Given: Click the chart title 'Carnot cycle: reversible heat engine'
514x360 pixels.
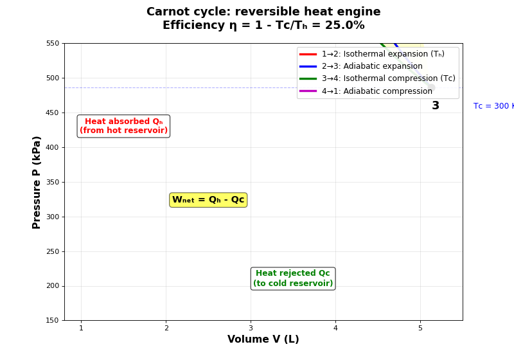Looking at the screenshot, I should [x=263, y=12].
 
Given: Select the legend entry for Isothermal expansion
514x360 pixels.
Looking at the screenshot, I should [x=383, y=54].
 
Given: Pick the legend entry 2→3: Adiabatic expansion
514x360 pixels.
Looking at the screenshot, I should [x=372, y=66].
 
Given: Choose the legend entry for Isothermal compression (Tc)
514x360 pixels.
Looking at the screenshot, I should [x=388, y=78].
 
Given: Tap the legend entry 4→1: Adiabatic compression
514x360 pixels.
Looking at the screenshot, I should [x=377, y=91].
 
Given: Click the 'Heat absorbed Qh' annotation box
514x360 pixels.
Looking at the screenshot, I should [x=123, y=126].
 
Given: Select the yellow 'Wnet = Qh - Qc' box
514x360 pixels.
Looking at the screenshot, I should [x=208, y=200].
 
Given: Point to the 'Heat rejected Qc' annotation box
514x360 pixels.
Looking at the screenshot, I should [x=293, y=278].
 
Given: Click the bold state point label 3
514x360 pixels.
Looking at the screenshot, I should [x=436, y=106].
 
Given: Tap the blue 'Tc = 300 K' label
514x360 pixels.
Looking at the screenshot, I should [x=493, y=106].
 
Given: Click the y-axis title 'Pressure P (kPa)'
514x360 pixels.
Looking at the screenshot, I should [x=37, y=182].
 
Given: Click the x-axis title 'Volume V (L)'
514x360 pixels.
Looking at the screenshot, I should [x=263, y=339].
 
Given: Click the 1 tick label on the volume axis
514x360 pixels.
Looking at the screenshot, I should [x=81, y=328].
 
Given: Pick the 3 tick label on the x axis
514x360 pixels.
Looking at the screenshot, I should [x=251, y=328].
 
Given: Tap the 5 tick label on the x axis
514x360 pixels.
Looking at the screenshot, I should [x=420, y=328].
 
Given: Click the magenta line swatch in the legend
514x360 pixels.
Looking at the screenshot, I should [x=308, y=91].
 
